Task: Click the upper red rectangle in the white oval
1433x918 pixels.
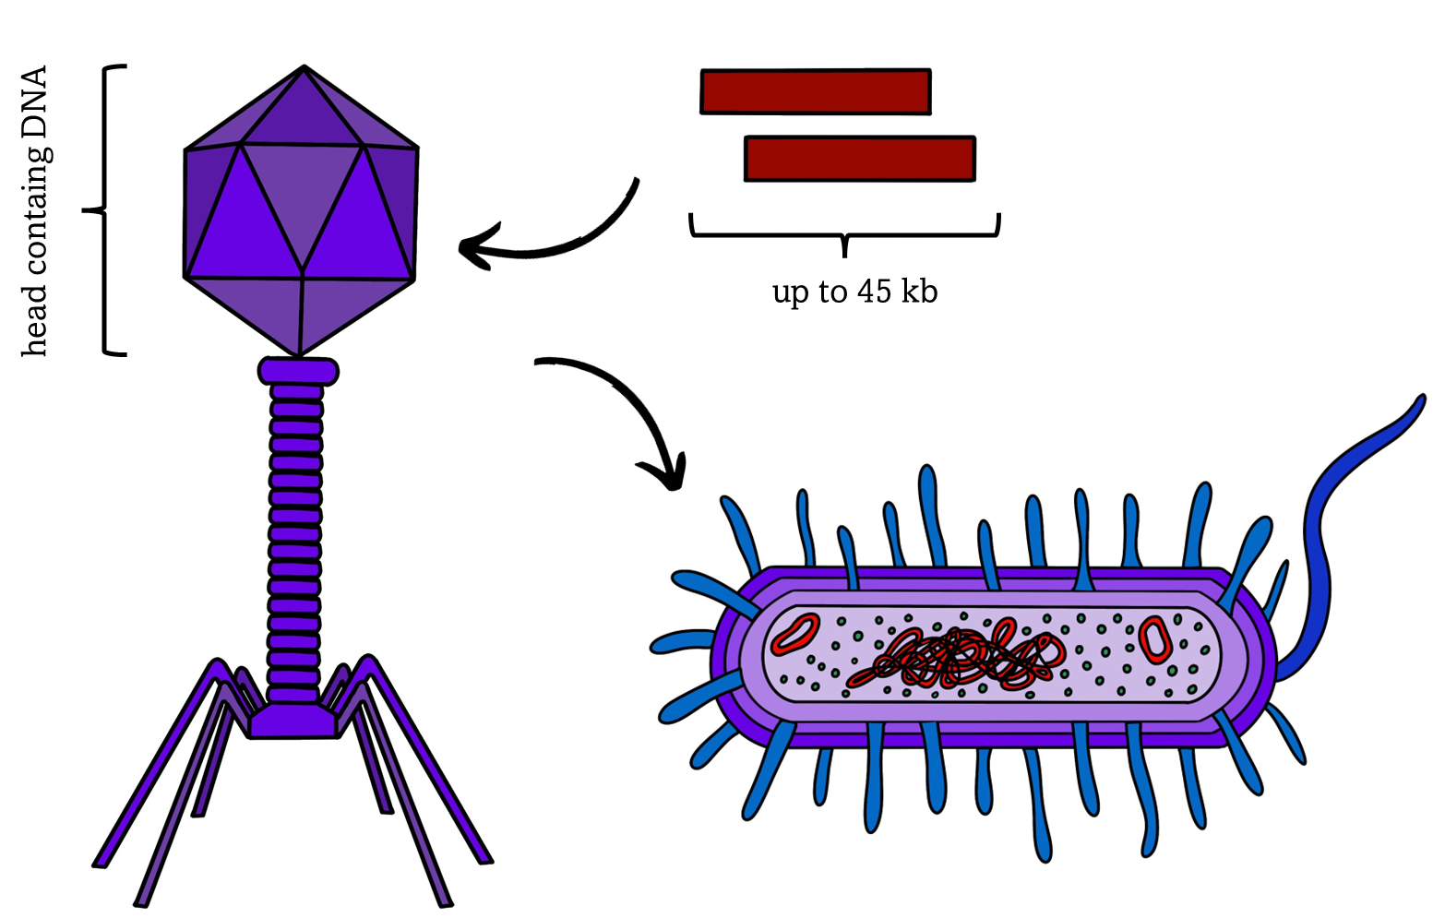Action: point(816,91)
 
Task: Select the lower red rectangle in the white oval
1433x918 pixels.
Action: point(859,159)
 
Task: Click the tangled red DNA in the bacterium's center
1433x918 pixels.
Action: point(960,658)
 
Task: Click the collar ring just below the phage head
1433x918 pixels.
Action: point(298,371)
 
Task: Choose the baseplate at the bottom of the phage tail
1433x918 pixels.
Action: point(294,721)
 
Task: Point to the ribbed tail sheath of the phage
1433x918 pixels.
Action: point(296,535)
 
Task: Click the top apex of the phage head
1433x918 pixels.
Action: point(304,67)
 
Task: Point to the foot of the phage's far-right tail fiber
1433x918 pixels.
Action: point(485,859)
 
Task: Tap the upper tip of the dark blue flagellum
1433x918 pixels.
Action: point(1421,399)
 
